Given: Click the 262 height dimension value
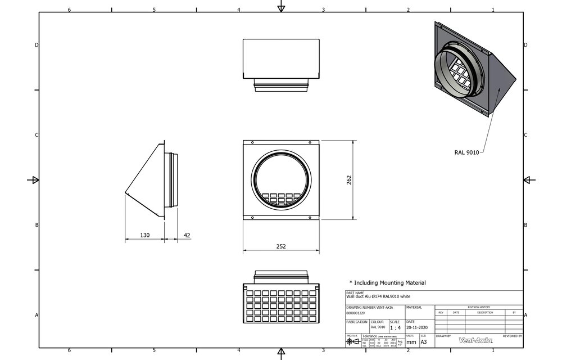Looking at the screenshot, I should point(349,180).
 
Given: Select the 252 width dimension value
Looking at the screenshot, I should point(281,246).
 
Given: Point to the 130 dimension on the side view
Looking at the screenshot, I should point(144,235).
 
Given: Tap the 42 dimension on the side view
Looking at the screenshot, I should point(187,235).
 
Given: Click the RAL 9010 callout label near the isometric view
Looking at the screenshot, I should point(466,152).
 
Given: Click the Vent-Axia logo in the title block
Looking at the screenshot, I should point(475,340).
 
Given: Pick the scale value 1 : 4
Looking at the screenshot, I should point(396,327).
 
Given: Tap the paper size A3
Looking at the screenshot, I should point(424,341).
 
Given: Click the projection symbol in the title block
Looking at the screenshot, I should point(353,341).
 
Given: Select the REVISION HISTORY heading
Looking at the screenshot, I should point(478,307).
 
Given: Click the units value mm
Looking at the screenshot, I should point(411,341).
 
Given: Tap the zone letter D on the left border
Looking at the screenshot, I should point(37,44).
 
